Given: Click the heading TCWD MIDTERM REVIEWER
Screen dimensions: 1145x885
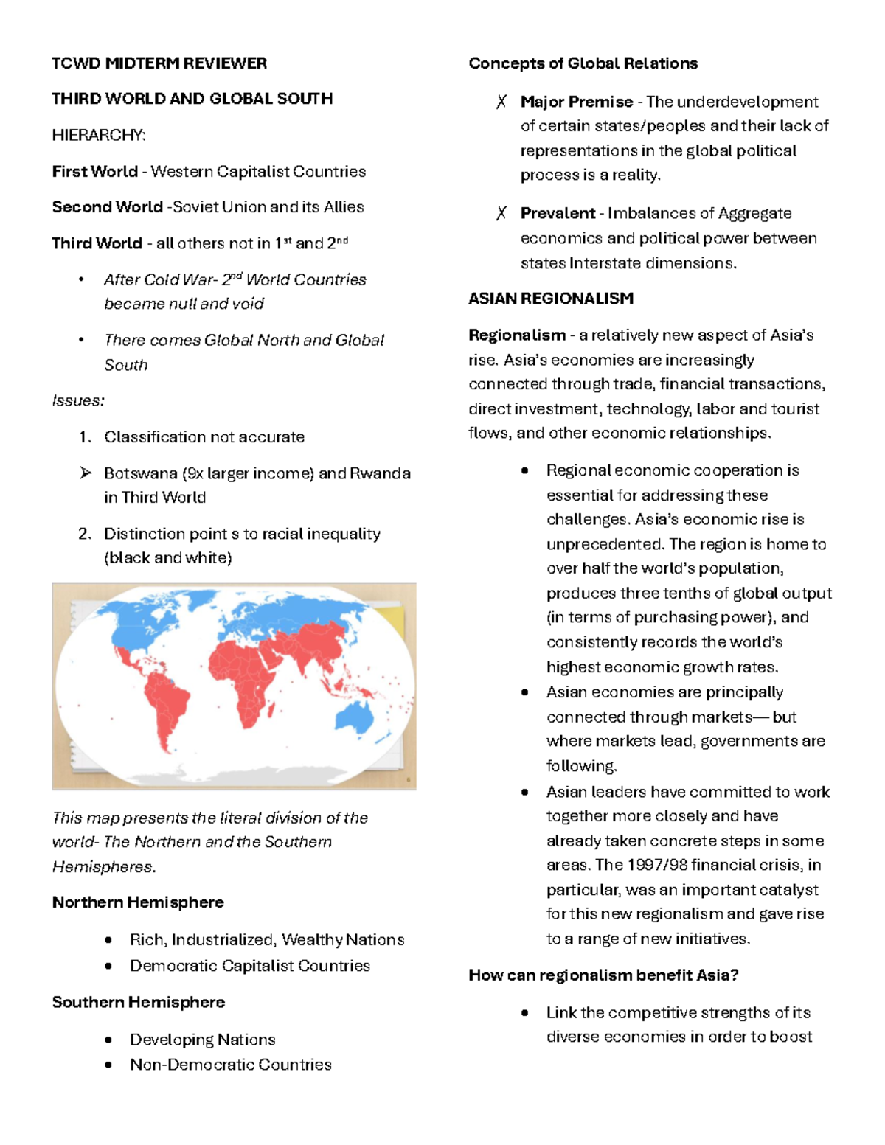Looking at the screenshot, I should point(159,63).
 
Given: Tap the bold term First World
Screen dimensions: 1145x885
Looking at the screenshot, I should point(94,172).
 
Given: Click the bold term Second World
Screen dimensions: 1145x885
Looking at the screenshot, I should point(107,207).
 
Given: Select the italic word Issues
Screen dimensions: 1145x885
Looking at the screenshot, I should point(77,401).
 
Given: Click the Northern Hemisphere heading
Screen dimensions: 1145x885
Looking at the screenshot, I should point(138,902).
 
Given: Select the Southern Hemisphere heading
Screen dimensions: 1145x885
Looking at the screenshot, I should point(139,1003).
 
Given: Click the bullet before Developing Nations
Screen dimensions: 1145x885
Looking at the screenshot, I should point(108,1040).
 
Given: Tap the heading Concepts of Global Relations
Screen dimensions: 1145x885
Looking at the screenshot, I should point(583,63).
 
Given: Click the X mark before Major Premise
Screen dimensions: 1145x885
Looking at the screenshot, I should point(502,102).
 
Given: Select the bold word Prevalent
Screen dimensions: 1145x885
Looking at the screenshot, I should point(558,214).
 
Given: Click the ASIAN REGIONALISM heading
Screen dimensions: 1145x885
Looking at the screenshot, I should point(550,299).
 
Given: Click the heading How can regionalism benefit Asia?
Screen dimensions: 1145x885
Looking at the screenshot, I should point(603,975).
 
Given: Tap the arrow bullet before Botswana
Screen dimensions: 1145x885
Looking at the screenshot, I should point(86,473).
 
